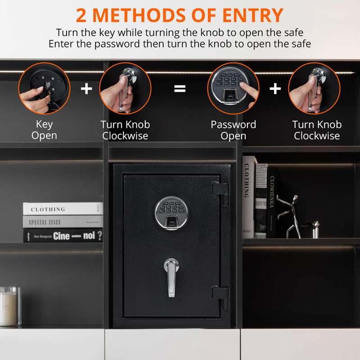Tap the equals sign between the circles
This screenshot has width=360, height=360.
click(x=180, y=89)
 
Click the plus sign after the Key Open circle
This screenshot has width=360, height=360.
click(x=86, y=89)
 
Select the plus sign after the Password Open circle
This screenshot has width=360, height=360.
click(x=275, y=89)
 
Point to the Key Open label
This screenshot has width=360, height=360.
click(x=44, y=130)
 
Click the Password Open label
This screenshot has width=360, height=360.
click(x=233, y=130)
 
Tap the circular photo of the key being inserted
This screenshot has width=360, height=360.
click(x=44, y=88)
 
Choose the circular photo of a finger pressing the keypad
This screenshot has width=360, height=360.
click(x=233, y=88)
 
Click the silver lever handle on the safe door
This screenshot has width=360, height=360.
click(x=171, y=276)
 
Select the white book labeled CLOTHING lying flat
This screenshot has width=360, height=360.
click(x=63, y=209)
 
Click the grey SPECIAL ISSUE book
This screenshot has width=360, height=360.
click(x=63, y=222)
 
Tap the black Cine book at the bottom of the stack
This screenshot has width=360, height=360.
click(x=63, y=235)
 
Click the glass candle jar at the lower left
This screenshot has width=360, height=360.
click(x=9, y=306)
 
